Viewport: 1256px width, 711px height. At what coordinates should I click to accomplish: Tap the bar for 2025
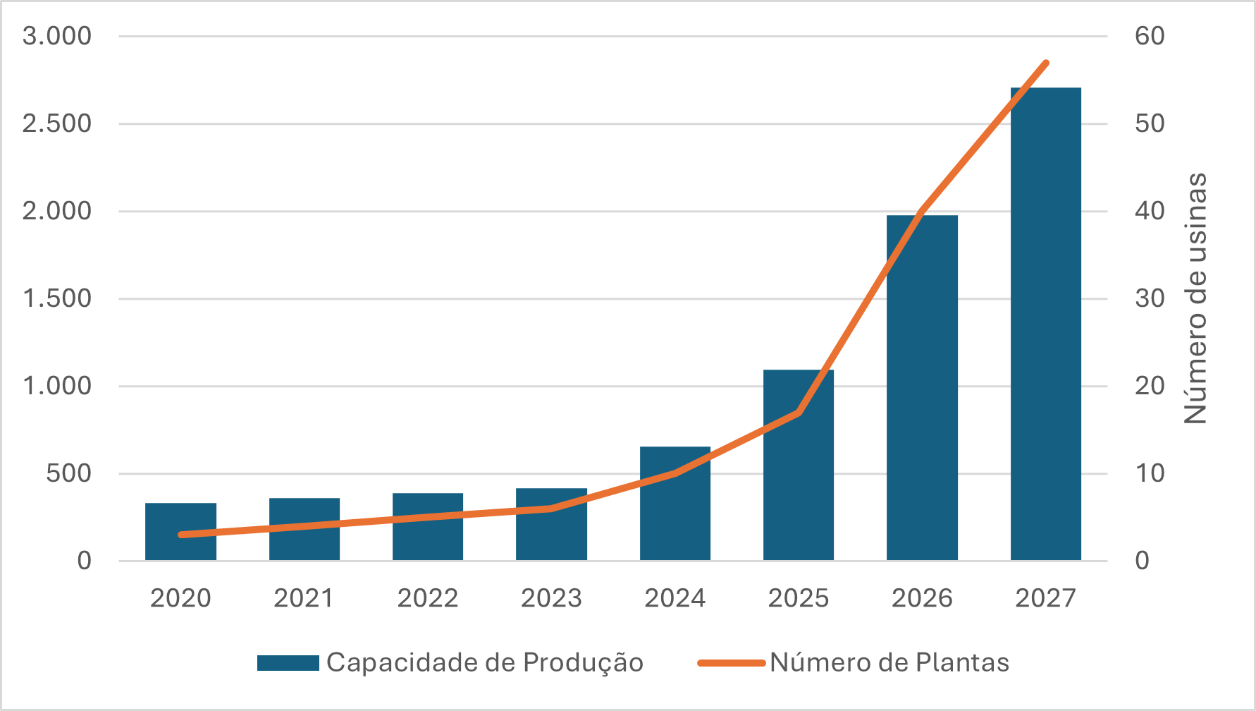pos(798,465)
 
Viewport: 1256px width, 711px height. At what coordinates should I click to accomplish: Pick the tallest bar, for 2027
pos(1045,324)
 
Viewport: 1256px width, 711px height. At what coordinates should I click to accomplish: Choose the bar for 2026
pos(922,387)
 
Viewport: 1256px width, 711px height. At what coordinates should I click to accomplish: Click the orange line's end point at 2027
pos(1046,63)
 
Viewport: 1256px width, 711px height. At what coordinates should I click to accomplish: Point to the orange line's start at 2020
pos(181,535)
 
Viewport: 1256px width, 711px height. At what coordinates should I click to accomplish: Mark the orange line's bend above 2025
pos(799,413)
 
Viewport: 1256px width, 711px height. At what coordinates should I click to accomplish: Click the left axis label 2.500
pos(57,123)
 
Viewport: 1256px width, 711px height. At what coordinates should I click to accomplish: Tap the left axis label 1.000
pos(57,386)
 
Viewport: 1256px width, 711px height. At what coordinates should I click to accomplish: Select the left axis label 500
pos(69,473)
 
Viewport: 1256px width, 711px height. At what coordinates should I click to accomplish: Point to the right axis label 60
pos(1150,36)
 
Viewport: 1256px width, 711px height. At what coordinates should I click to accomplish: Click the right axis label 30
pos(1150,298)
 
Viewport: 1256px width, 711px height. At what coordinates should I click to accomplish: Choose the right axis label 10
pos(1150,473)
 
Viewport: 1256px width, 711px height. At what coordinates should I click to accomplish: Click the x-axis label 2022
pos(428,598)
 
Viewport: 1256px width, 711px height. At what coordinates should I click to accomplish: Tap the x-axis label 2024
pos(675,598)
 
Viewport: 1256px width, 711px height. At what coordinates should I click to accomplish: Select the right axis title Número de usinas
pos(1195,298)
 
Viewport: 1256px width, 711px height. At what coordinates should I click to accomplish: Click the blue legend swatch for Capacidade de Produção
pos(288,663)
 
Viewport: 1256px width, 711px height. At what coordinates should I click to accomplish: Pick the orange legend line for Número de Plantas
pos(731,663)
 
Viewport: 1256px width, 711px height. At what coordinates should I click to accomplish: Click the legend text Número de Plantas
pos(889,663)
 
